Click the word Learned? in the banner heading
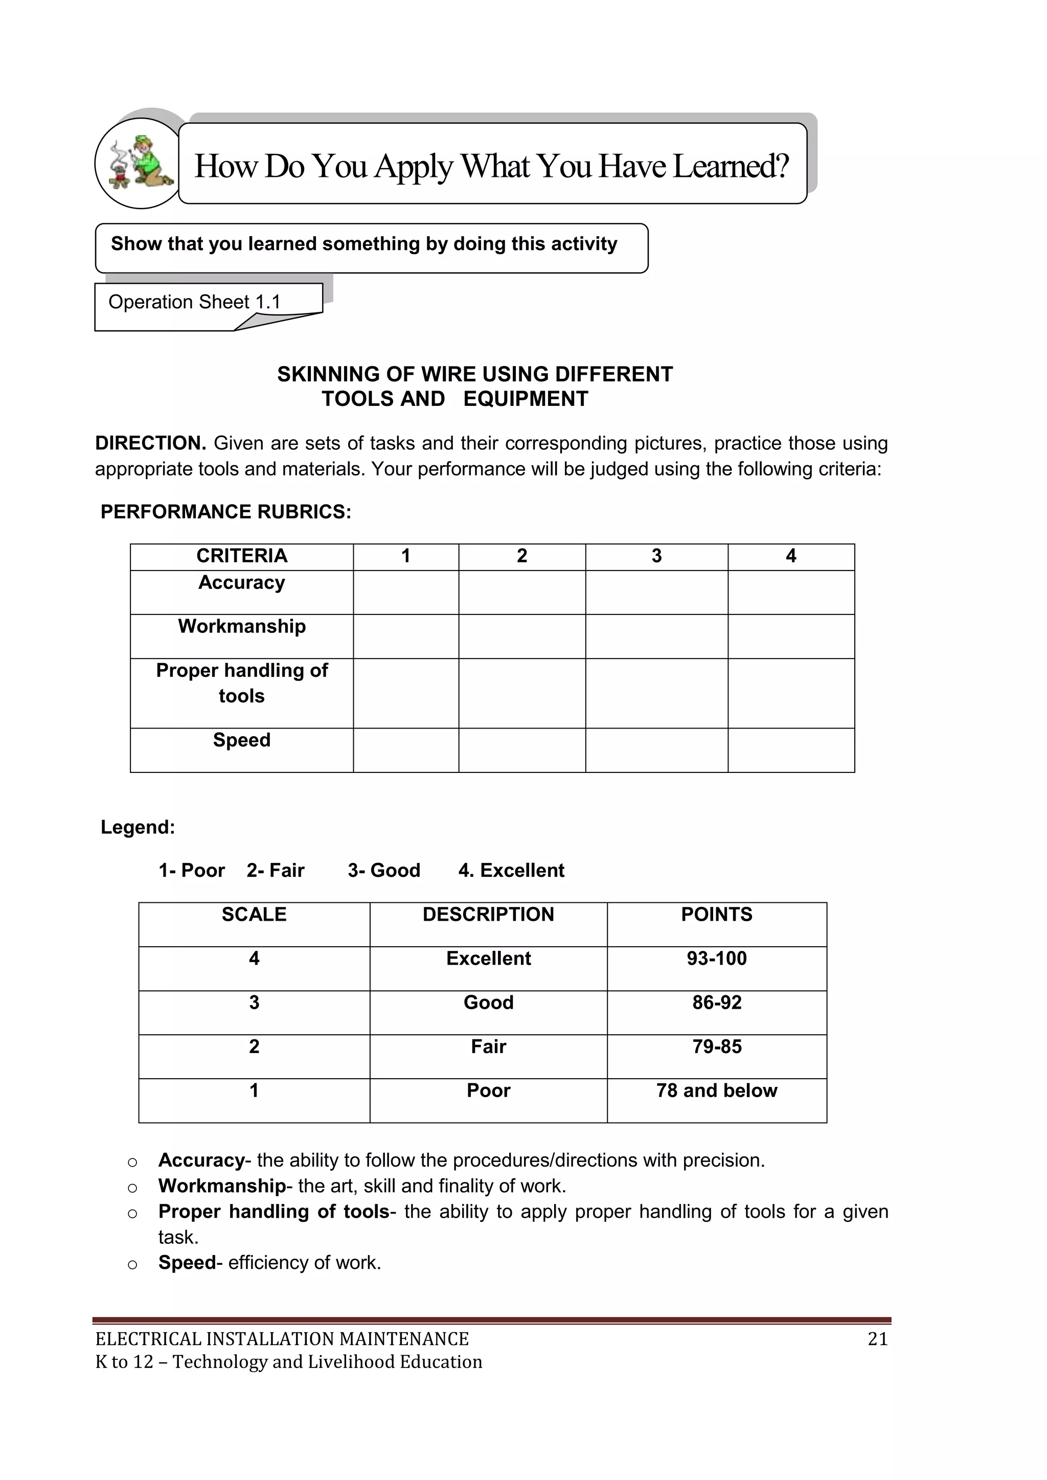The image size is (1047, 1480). pos(731,166)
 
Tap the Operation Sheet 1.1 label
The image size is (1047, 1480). pos(194,302)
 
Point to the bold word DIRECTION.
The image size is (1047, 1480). pos(150,443)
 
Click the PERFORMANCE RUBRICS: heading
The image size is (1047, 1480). pos(225,512)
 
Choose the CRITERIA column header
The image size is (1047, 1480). pos(241,556)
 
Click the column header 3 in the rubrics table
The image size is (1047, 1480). pos(656,556)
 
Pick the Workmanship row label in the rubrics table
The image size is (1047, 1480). pos(242,627)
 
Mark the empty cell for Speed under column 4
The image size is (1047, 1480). pos(790,750)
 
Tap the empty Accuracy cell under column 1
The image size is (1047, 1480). pos(405,593)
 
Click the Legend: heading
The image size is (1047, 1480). pos(138,827)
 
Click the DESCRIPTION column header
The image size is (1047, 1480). pos(488,915)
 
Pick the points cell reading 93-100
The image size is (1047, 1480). pos(716,959)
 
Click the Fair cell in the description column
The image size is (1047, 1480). pos(488,1047)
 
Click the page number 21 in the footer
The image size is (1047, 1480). pos(877,1339)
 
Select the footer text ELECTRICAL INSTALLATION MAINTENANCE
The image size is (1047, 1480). pos(282,1339)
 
